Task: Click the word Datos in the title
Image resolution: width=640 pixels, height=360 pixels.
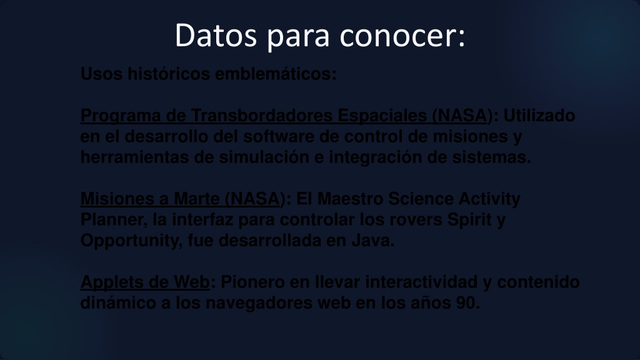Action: pyautogui.click(x=216, y=36)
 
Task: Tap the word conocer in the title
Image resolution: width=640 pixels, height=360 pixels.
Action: pyautogui.click(x=402, y=36)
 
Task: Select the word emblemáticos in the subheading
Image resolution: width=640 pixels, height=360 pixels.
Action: pyautogui.click(x=276, y=74)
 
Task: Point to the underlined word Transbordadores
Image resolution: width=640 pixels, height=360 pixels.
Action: pyautogui.click(x=262, y=116)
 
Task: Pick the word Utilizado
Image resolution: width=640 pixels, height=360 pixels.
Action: pyautogui.click(x=539, y=116)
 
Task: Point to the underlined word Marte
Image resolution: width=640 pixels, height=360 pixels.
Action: pyautogui.click(x=197, y=199)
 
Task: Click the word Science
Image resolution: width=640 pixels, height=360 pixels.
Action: pyautogui.click(x=421, y=199)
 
